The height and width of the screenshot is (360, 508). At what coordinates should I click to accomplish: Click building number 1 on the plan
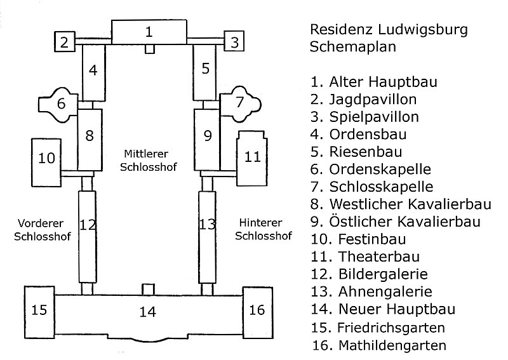149,32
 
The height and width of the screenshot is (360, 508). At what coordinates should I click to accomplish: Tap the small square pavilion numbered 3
234,43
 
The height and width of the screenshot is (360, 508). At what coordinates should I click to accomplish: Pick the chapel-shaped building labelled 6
61,103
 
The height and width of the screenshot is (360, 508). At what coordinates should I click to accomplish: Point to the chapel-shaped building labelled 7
239,102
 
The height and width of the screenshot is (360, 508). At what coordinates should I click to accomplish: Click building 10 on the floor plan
47,159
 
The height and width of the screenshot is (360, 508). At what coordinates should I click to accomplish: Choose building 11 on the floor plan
253,156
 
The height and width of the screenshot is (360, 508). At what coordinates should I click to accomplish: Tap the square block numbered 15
40,310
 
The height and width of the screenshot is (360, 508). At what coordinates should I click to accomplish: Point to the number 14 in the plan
148,312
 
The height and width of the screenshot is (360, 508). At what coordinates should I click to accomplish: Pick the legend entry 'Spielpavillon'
373,117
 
